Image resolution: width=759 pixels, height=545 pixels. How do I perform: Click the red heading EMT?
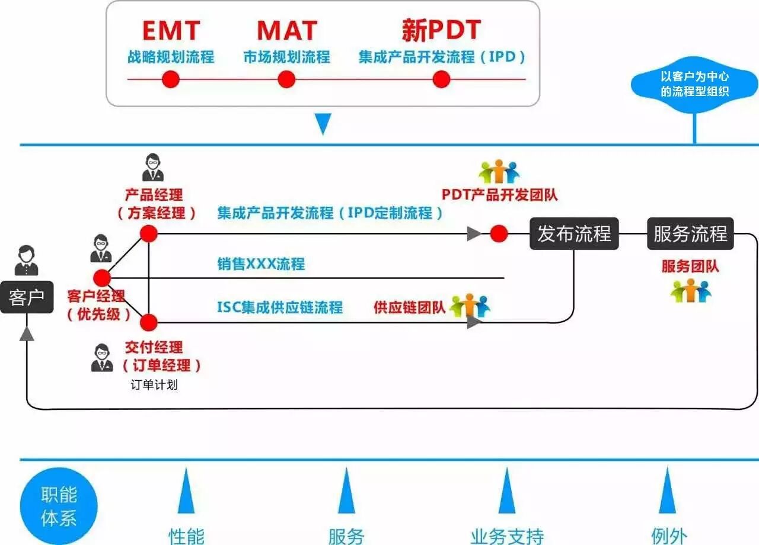pos(171,30)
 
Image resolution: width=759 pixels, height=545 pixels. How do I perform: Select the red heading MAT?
pos(287,30)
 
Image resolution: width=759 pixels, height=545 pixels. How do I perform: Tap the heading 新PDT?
pos(441,30)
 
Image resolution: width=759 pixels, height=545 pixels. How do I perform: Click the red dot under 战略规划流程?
pos(171,79)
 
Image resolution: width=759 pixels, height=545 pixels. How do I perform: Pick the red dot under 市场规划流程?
pos(286,79)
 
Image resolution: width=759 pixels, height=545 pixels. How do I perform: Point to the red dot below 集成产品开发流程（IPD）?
pos(441,79)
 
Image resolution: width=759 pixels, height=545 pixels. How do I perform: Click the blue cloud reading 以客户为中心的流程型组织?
pos(694,84)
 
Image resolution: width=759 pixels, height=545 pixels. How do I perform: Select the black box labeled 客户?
pos(26,297)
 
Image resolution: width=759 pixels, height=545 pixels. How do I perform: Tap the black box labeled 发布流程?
pos(574,233)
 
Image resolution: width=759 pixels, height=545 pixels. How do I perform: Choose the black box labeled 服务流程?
pos(690,233)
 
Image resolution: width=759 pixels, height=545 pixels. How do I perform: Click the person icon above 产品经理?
pos(153,168)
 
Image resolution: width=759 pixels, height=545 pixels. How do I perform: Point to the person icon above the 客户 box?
pos(26,261)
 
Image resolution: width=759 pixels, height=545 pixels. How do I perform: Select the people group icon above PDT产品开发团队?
pos(499,171)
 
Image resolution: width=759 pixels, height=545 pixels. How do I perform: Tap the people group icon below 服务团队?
pos(690,291)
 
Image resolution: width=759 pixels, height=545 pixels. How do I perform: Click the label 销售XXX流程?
pos(261,264)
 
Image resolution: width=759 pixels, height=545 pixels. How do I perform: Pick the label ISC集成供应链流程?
pos(280,307)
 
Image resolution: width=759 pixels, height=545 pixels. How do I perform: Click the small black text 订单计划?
pos(154,384)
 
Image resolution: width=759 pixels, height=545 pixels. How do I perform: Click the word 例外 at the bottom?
pos(669,536)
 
